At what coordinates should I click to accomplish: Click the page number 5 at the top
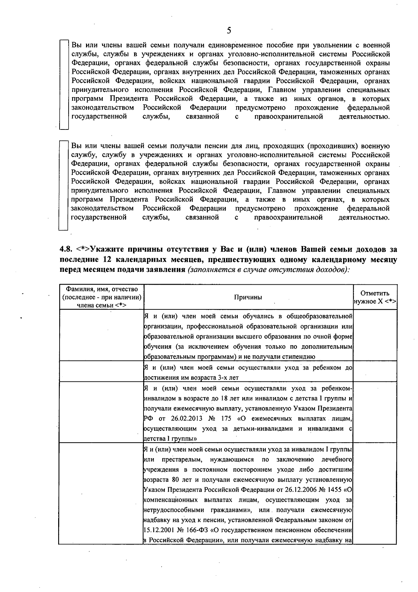pyautogui.click(x=229, y=30)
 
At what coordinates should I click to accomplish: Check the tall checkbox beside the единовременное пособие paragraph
pyautogui.click(x=64, y=85)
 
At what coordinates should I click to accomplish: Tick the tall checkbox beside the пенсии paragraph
pyautogui.click(x=63, y=185)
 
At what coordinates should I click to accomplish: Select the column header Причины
pyautogui.click(x=248, y=297)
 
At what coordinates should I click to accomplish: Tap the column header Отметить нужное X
pyautogui.click(x=375, y=298)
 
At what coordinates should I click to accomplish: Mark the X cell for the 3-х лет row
pyautogui.click(x=375, y=372)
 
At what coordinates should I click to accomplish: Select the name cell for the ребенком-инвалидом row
pyautogui.click(x=101, y=412)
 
